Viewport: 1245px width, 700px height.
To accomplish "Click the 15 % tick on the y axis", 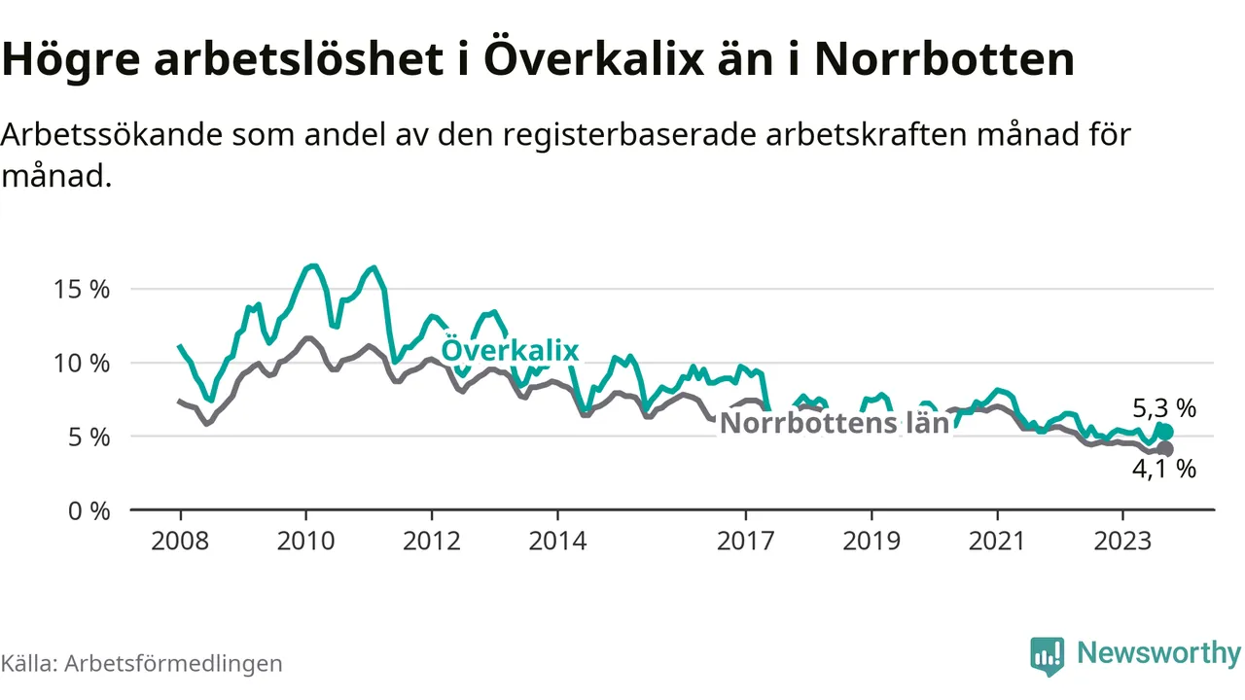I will [83, 290].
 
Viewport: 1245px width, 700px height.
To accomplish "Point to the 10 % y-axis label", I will [83, 364].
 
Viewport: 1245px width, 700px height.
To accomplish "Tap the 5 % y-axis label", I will [89, 437].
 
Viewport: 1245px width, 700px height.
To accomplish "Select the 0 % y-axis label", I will [89, 510].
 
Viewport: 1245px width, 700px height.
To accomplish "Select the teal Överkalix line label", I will [510, 351].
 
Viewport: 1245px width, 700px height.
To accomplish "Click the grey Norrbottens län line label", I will [834, 423].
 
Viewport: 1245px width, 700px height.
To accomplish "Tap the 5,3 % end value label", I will [1164, 408].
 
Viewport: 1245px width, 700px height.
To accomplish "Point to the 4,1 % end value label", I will [1164, 469].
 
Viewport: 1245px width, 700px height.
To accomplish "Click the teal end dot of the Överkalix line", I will [1165, 432].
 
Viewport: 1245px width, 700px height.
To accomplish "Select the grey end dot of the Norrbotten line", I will [1165, 448].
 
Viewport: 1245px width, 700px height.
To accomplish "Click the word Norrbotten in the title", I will [943, 60].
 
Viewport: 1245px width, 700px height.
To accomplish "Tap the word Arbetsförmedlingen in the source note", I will [173, 663].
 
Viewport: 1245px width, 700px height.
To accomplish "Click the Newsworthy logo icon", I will [1048, 656].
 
